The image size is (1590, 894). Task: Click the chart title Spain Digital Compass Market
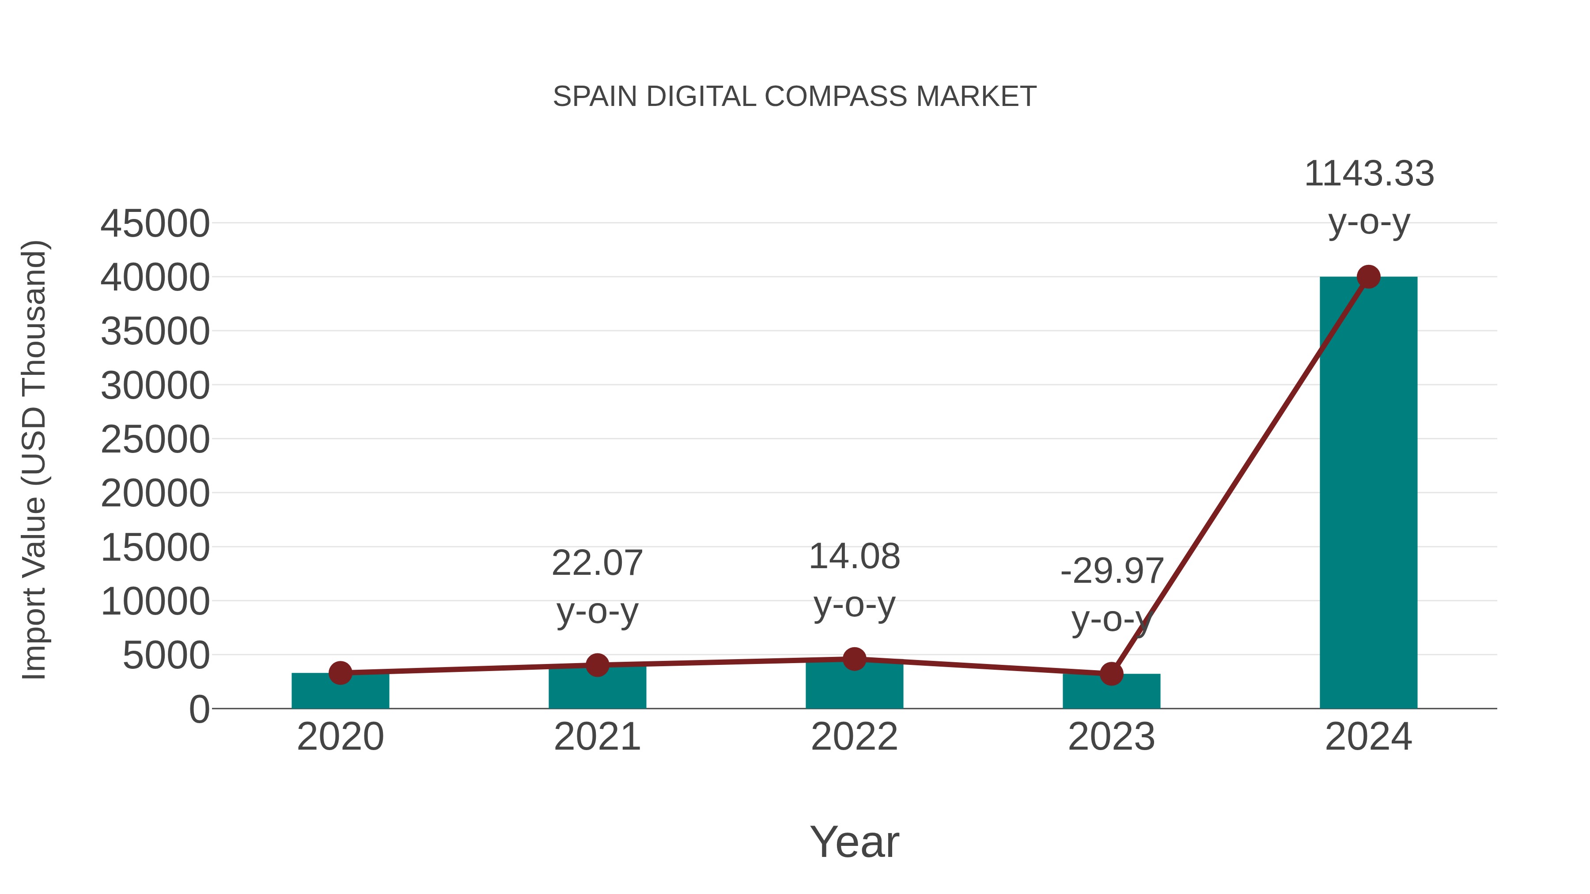pyautogui.click(x=795, y=97)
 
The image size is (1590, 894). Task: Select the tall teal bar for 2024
pyautogui.click(x=1368, y=494)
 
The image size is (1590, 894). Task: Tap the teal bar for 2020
pyautogui.click(x=340, y=692)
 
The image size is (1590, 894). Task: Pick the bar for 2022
pyautogui.click(x=854, y=686)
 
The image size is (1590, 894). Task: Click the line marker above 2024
pyautogui.click(x=1368, y=277)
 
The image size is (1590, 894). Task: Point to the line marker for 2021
pyautogui.click(x=597, y=665)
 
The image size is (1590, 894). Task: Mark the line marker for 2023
pyautogui.click(x=1111, y=674)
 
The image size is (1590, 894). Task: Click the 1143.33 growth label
pyautogui.click(x=1368, y=174)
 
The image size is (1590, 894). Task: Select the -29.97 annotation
pyautogui.click(x=1112, y=571)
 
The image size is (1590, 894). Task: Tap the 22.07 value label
pyautogui.click(x=597, y=563)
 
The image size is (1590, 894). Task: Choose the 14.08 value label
pyautogui.click(x=854, y=557)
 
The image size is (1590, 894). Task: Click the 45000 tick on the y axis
pyautogui.click(x=155, y=224)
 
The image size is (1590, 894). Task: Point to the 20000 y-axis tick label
pyautogui.click(x=155, y=494)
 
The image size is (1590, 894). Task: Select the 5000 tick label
pyautogui.click(x=166, y=655)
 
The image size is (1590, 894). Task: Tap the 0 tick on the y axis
pyautogui.click(x=199, y=709)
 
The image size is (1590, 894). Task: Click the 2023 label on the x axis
pyautogui.click(x=1111, y=737)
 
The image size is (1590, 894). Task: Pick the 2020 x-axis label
pyautogui.click(x=340, y=737)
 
